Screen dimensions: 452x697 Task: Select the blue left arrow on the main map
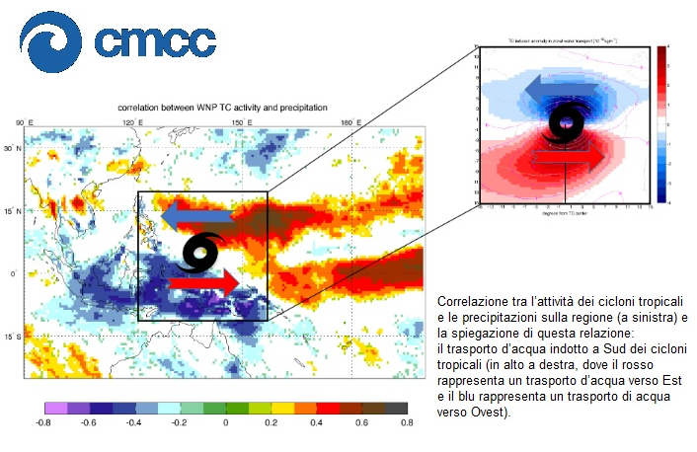[196, 214]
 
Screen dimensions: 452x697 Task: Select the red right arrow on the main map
[205, 284]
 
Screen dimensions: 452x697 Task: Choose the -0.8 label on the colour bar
[44, 422]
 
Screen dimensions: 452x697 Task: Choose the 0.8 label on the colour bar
[407, 422]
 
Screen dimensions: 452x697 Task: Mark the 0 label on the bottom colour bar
[226, 422]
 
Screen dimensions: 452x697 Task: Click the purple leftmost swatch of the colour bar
[56, 407]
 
